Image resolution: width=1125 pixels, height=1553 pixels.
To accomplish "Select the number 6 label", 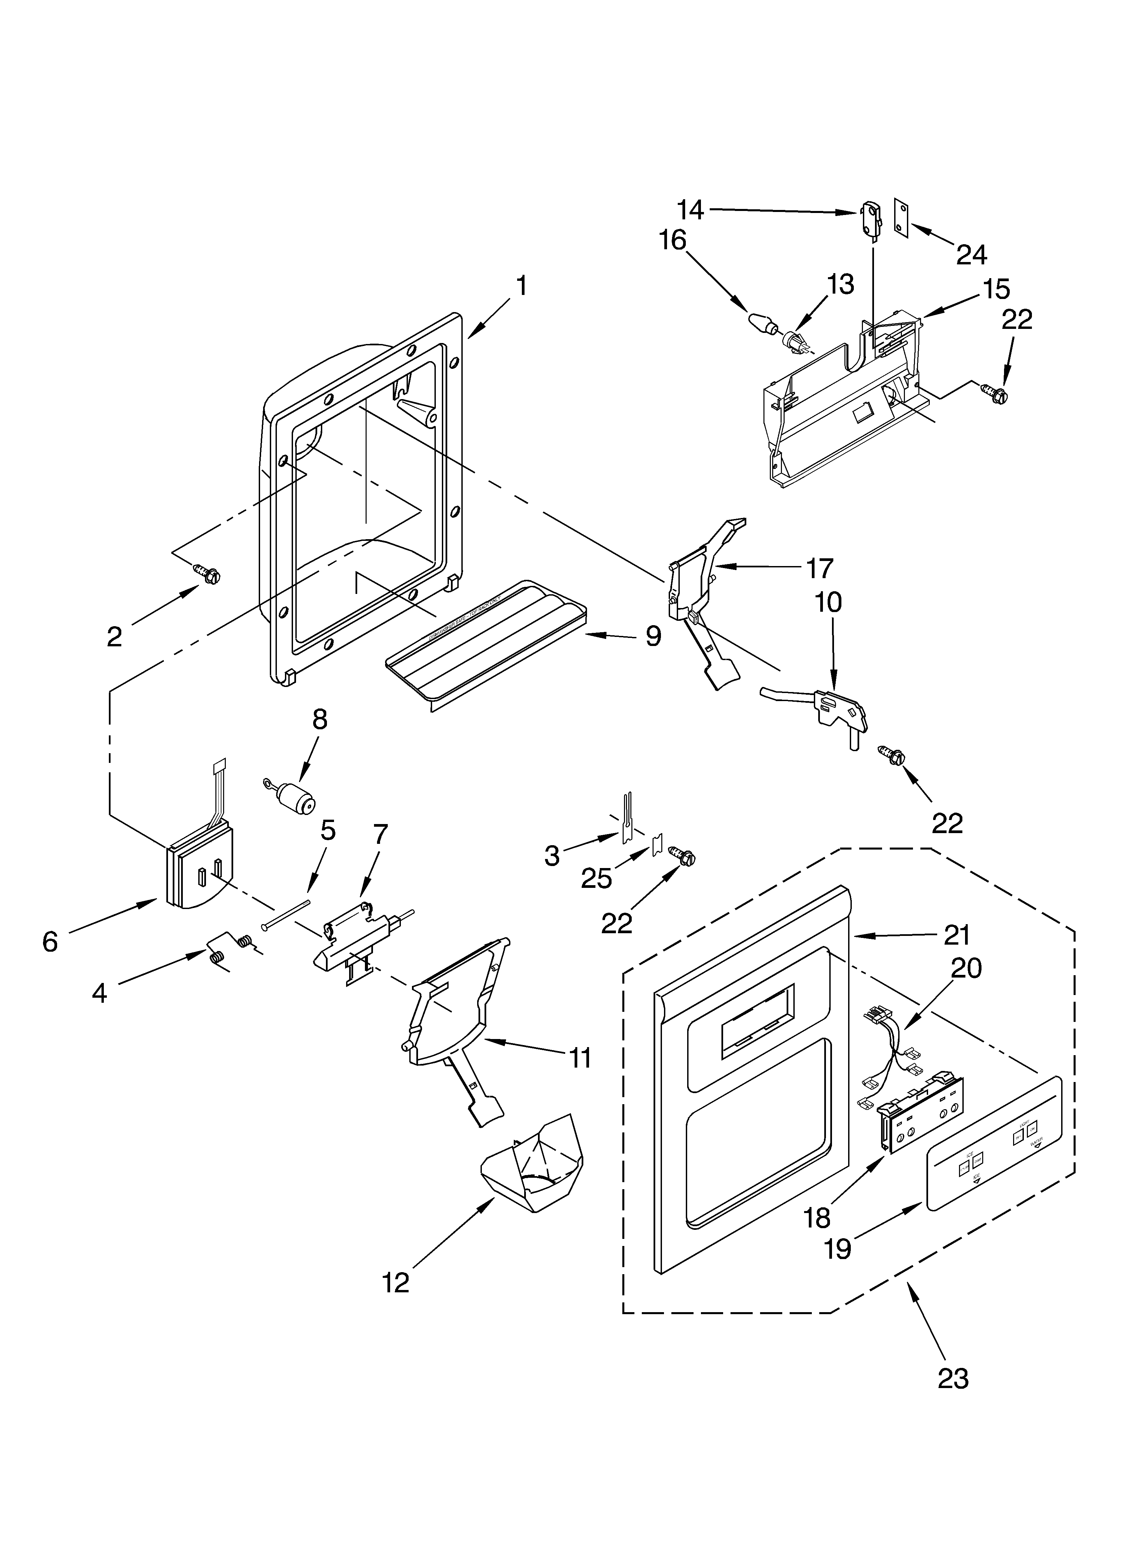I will click(50, 942).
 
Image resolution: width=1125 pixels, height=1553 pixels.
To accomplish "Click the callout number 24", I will click(971, 255).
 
